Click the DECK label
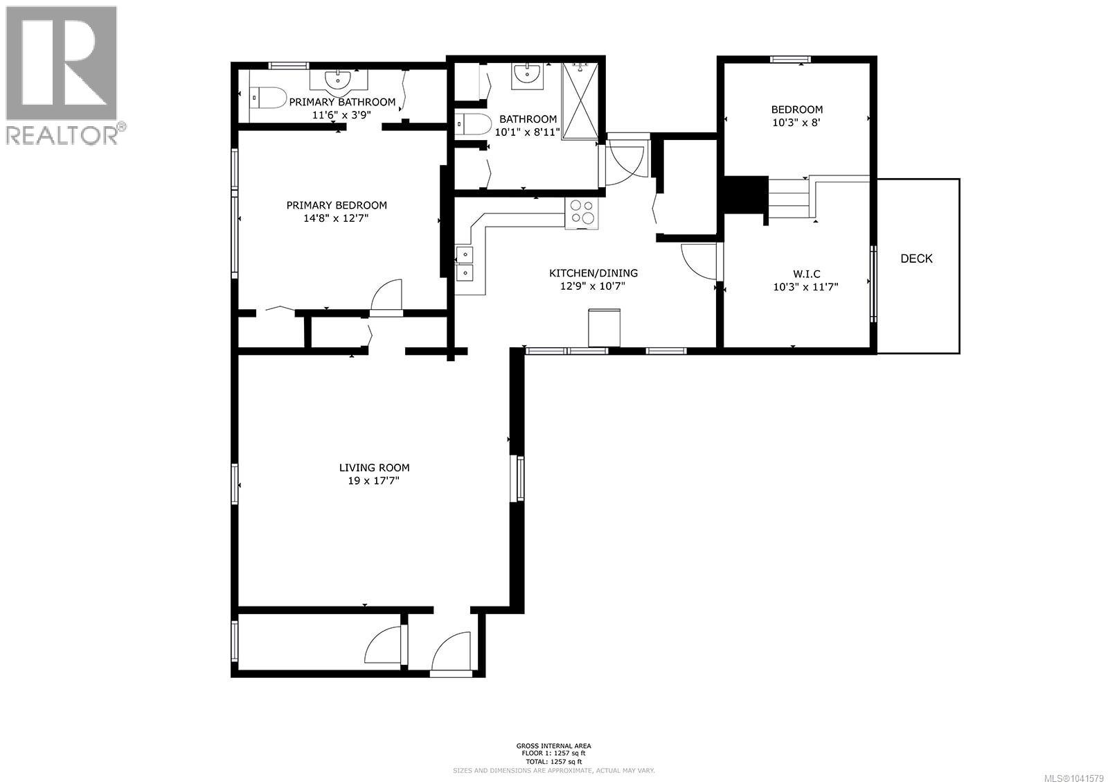tap(916, 259)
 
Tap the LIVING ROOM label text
tap(374, 467)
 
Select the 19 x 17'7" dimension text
tap(373, 481)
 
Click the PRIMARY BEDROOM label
tap(337, 205)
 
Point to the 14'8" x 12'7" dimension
tap(336, 218)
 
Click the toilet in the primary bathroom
tap(267, 98)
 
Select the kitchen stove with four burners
tap(582, 214)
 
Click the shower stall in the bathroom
tap(580, 101)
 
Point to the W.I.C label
tap(806, 274)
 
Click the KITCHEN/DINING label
tap(593, 273)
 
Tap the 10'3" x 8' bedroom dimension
tap(796, 123)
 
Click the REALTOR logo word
tap(62, 134)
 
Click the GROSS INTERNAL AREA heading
tap(553, 746)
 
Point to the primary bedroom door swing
tap(386, 295)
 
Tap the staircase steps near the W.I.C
tap(789, 198)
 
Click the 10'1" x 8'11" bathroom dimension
tap(527, 132)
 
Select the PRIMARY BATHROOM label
tap(342, 102)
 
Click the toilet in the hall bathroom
tap(473, 124)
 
